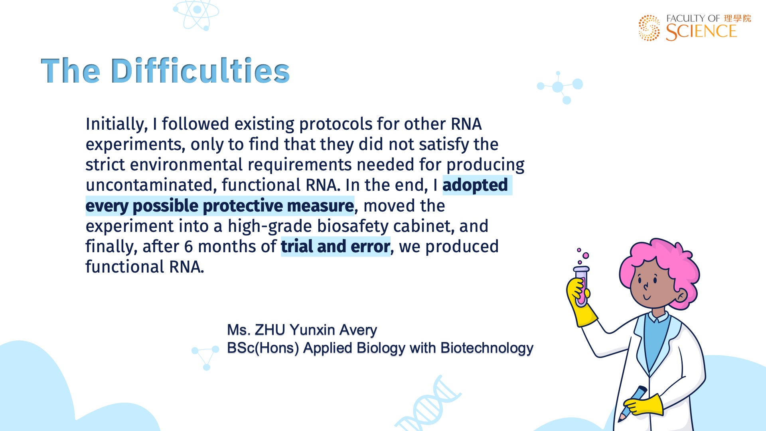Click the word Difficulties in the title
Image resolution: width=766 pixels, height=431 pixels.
[x=200, y=71]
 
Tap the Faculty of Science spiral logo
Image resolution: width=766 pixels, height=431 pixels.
[x=649, y=28]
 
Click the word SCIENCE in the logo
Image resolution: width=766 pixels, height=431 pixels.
[x=701, y=32]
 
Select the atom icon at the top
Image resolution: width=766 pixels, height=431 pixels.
[x=196, y=15]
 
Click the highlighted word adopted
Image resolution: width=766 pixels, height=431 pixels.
[x=475, y=185]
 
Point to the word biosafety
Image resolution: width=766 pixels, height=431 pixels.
[x=353, y=226]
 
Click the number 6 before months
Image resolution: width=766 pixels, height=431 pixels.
[x=188, y=247]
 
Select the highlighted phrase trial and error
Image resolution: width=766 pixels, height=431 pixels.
[x=336, y=246]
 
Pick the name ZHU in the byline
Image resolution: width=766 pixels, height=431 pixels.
[x=270, y=330]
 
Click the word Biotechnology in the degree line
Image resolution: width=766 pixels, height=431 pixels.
[x=487, y=348]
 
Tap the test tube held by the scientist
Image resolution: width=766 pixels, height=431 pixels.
[x=581, y=286]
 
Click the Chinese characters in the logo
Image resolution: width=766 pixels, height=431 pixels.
[x=737, y=18]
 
